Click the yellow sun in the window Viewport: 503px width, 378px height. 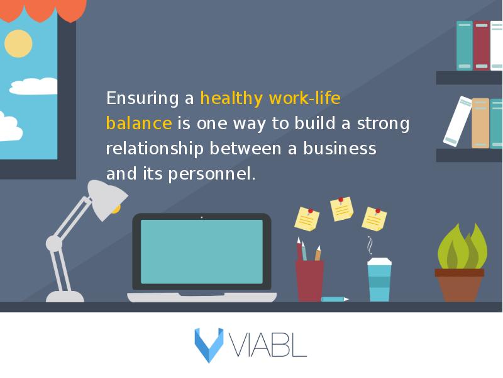(x=18, y=43)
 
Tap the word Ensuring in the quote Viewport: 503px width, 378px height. (x=143, y=98)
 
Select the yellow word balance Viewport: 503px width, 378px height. (x=139, y=123)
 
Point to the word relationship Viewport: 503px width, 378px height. (x=155, y=149)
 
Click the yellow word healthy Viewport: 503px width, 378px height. (x=231, y=98)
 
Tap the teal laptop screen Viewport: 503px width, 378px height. (x=202, y=251)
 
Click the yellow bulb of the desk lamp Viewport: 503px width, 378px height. (x=116, y=209)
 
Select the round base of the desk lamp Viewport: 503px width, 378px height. (x=65, y=297)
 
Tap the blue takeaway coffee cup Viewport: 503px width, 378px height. (x=379, y=280)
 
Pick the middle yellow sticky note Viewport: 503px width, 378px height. (x=341, y=210)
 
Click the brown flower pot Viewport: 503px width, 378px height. (x=460, y=285)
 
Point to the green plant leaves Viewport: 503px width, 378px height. (x=462, y=248)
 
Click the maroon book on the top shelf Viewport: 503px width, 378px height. (x=482, y=45)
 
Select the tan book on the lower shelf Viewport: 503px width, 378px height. (x=480, y=123)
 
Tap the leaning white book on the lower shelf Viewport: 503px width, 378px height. (x=458, y=121)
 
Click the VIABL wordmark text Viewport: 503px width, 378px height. (x=268, y=345)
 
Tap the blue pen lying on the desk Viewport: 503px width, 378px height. (x=334, y=299)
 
